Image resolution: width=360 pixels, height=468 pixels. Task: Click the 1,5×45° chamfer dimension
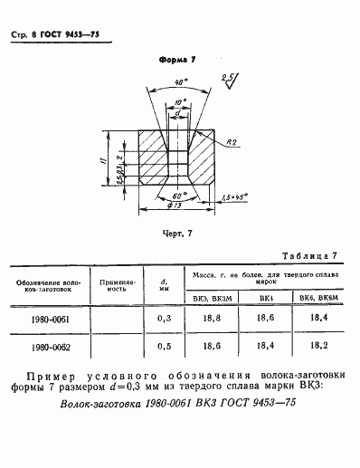coord(238,195)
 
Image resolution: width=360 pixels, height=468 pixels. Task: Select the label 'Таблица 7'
coord(308,257)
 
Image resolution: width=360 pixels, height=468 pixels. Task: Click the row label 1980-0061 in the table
coord(49,320)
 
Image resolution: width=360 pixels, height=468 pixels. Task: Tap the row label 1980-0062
coord(49,347)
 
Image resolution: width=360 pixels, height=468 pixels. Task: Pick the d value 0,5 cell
coord(165,347)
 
